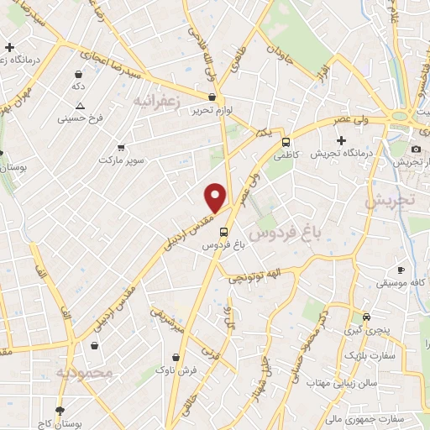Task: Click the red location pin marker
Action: point(216,197)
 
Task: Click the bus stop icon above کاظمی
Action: point(286,143)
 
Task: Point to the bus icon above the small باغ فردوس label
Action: point(223,232)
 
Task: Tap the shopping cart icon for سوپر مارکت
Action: point(121,146)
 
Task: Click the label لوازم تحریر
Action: point(211,110)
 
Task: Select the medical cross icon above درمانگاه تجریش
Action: point(341,139)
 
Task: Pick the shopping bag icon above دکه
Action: point(78,74)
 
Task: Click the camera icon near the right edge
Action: point(415,149)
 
